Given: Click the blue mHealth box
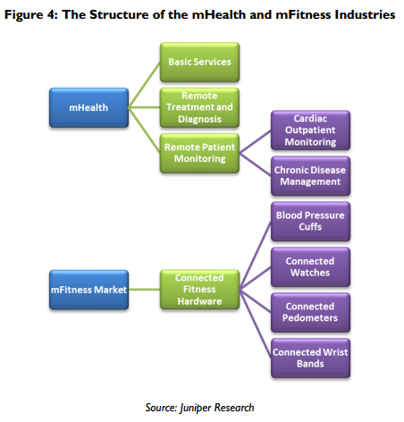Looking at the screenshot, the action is [x=88, y=107].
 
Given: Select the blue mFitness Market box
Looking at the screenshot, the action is [x=88, y=290].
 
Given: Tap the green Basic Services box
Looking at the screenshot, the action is [x=199, y=62].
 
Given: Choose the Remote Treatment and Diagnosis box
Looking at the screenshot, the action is [x=199, y=107].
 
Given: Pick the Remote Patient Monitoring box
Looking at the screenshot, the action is [x=199, y=153].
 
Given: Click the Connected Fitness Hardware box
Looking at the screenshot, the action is [x=199, y=290].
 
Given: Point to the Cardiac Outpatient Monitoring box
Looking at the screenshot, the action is [x=310, y=131].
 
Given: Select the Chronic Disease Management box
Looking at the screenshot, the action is [x=310, y=176].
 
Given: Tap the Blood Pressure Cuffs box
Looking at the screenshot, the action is [x=310, y=222].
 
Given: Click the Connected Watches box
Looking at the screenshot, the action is [x=310, y=267].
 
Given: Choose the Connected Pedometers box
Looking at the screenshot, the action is [x=310, y=312].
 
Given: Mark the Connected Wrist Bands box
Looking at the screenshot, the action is [x=310, y=358].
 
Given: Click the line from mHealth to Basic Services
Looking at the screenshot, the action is [x=144, y=85].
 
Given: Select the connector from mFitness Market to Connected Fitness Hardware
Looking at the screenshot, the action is [x=144, y=290].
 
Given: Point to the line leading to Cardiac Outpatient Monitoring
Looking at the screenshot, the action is [x=255, y=142].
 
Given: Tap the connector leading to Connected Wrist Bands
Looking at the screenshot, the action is [x=255, y=324].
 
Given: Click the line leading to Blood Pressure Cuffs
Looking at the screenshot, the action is [x=255, y=256].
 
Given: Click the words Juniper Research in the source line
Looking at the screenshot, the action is [x=217, y=408].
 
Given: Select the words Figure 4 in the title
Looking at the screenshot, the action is [x=31, y=14].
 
